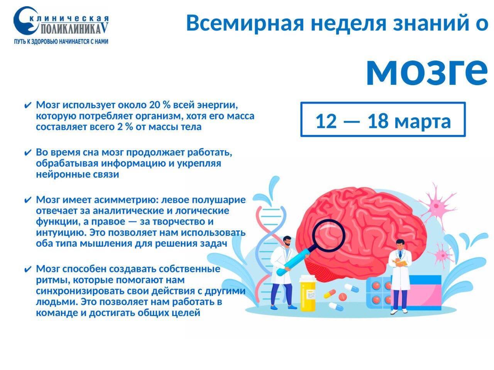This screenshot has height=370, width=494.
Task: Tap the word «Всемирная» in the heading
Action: point(245,24)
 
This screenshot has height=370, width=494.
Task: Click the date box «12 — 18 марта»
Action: point(383,119)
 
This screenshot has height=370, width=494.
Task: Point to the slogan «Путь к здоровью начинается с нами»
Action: point(61,42)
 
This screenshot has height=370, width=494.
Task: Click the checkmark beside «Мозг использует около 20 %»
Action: point(27,105)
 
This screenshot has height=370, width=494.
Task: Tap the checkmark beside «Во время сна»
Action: point(27,153)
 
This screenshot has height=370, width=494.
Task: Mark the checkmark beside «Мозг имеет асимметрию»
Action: point(27,200)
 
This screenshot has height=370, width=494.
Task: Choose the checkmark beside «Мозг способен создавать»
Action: point(27,269)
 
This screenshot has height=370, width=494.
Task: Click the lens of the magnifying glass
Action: point(330,235)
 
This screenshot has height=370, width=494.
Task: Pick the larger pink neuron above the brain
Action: point(436,205)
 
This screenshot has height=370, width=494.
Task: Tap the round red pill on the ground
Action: point(343,296)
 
